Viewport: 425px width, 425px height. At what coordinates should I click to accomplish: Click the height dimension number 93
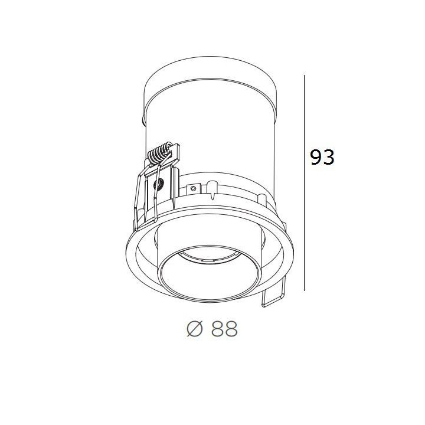pyautogui.click(x=322, y=157)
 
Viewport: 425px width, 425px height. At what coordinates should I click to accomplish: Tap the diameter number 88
pyautogui.click(x=224, y=329)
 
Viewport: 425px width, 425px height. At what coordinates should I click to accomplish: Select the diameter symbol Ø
pyautogui.click(x=195, y=329)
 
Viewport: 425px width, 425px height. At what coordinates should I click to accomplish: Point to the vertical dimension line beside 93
pyautogui.click(x=304, y=183)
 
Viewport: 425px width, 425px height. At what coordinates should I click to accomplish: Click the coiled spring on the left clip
pyautogui.click(x=159, y=154)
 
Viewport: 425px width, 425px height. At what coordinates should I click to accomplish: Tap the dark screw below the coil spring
pyautogui.click(x=157, y=184)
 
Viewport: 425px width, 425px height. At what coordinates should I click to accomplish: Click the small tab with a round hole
pyautogui.click(x=194, y=188)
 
